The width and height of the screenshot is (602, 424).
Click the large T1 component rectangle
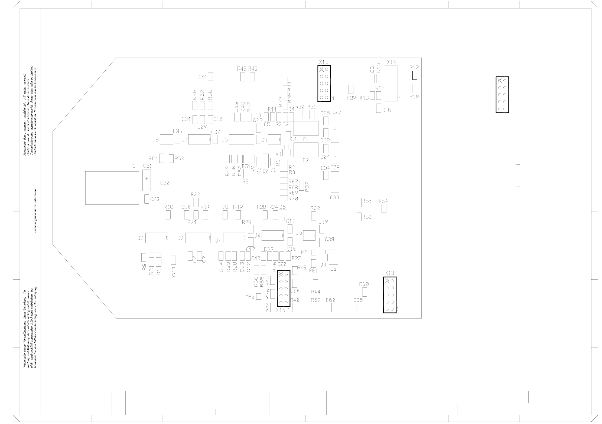click(x=112, y=188)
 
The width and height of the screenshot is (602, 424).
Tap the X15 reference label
click(x=324, y=62)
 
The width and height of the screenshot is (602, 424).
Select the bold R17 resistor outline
click(x=415, y=75)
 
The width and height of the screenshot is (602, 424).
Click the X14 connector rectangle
click(x=391, y=83)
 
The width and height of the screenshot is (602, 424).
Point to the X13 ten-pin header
click(x=389, y=295)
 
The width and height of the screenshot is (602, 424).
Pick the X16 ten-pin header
click(x=284, y=289)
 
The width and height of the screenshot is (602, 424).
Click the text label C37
click(x=202, y=77)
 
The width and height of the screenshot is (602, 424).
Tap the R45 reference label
click(x=242, y=69)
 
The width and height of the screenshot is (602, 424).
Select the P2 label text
click(x=306, y=160)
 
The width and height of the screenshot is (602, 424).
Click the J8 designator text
click(x=156, y=140)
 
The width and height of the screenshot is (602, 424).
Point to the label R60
click(x=364, y=284)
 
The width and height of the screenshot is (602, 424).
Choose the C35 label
click(x=358, y=300)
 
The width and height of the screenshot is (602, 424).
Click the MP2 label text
click(x=250, y=297)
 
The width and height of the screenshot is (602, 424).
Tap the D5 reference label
click(x=333, y=269)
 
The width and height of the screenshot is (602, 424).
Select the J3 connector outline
click(x=157, y=238)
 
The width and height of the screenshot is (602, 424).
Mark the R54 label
click(x=383, y=201)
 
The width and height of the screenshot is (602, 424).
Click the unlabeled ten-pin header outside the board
click(x=502, y=95)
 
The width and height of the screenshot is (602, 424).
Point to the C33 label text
click(x=334, y=198)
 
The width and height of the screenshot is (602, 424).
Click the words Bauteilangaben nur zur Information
click(x=35, y=210)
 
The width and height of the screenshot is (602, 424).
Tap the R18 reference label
click(x=414, y=97)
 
